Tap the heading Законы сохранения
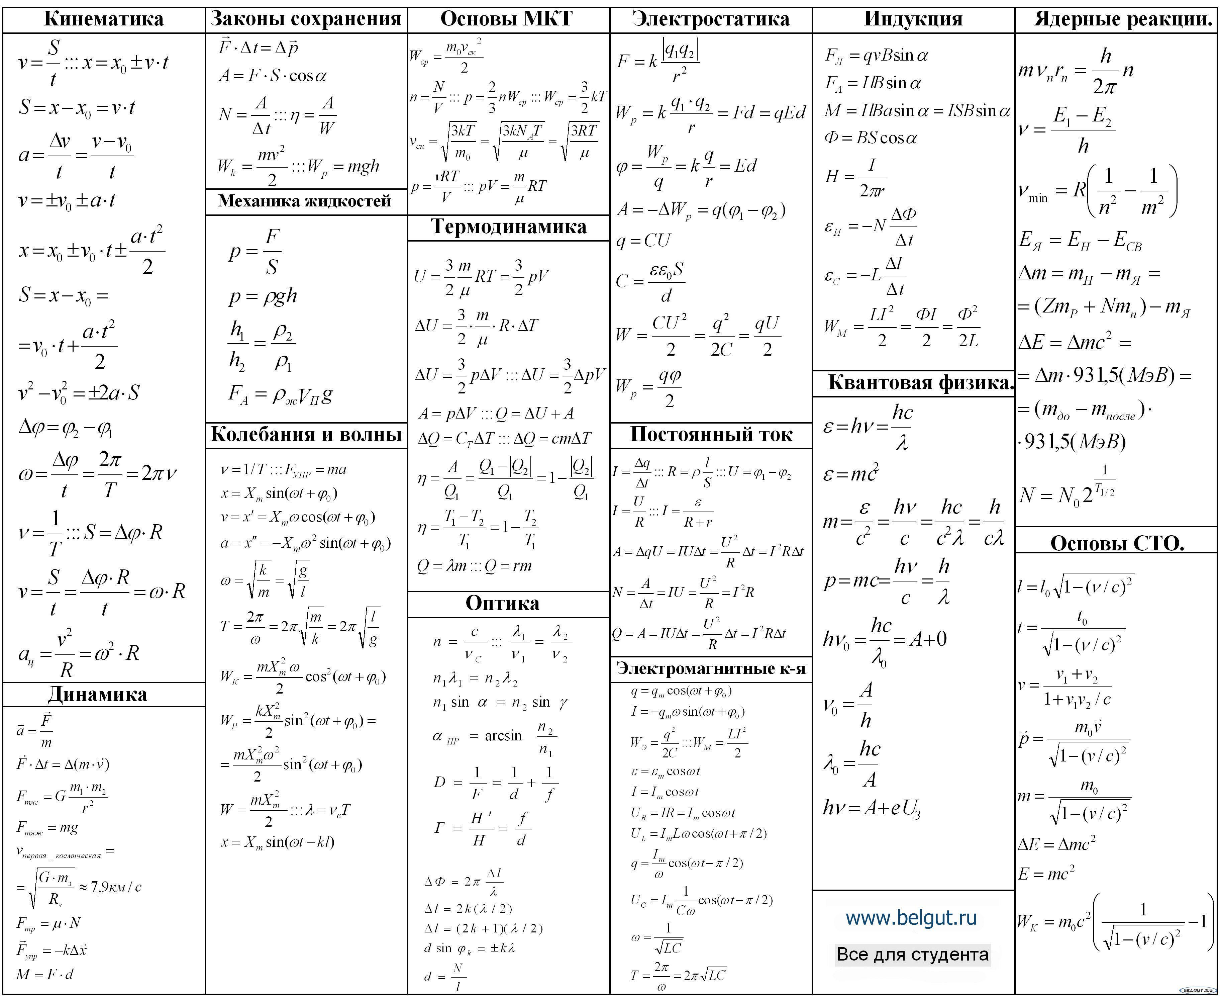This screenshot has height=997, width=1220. (x=306, y=19)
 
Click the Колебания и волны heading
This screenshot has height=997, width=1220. (x=306, y=434)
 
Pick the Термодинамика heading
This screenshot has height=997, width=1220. (x=509, y=227)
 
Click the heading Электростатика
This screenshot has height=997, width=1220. (x=711, y=19)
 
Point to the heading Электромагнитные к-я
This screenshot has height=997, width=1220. (x=711, y=668)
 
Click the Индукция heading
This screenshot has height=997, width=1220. (x=913, y=19)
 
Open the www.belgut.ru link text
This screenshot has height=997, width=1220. (x=911, y=918)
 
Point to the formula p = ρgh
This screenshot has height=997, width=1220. (x=263, y=296)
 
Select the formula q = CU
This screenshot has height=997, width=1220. (x=643, y=240)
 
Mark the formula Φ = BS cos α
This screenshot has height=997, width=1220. (x=871, y=138)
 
